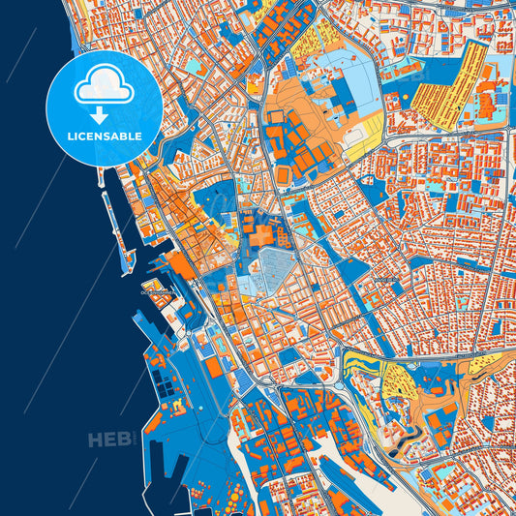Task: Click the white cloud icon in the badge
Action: coord(105,87)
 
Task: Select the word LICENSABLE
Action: coord(105,137)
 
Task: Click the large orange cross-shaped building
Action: coord(258,234)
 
